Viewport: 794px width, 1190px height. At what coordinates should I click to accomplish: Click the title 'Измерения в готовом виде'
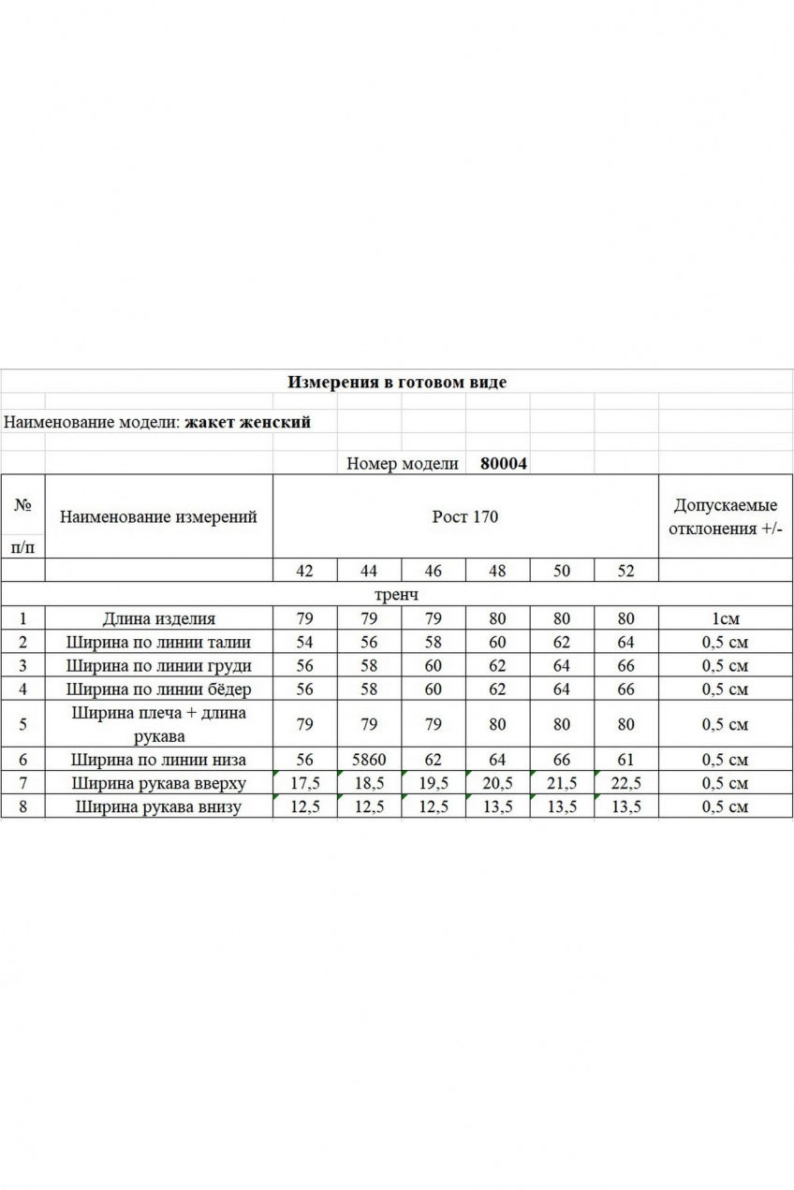pyautogui.click(x=396, y=382)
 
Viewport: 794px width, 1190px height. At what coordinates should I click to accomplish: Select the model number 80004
pyautogui.click(x=504, y=463)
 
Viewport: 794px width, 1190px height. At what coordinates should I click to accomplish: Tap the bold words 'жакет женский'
pyautogui.click(x=248, y=422)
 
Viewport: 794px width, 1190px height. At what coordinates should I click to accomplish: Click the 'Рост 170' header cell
pyautogui.click(x=465, y=516)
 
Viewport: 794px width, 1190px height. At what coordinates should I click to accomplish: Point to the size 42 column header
pyautogui.click(x=304, y=571)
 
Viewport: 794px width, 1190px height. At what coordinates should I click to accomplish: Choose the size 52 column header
pyautogui.click(x=625, y=571)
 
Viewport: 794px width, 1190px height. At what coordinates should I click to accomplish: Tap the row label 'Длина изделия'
pyautogui.click(x=158, y=618)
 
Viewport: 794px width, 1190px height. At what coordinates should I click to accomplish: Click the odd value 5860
pyautogui.click(x=369, y=760)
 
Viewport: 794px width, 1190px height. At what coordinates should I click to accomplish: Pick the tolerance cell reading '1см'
pyautogui.click(x=726, y=618)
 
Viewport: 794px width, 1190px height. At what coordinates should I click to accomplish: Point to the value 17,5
pyautogui.click(x=305, y=784)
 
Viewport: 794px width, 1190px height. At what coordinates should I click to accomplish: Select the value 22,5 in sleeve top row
pyautogui.click(x=625, y=784)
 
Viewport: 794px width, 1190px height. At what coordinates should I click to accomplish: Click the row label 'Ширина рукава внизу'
pyautogui.click(x=158, y=806)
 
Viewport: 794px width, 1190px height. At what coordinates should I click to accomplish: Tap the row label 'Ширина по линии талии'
pyautogui.click(x=158, y=642)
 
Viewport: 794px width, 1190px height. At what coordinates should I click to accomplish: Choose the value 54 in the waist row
pyautogui.click(x=304, y=642)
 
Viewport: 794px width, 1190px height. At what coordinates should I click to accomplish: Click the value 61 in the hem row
pyautogui.click(x=625, y=760)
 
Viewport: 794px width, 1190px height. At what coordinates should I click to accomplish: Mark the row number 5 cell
pyautogui.click(x=22, y=724)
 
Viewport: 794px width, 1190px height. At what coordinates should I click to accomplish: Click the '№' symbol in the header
pyautogui.click(x=22, y=504)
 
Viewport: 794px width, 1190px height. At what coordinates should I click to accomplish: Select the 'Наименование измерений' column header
pyautogui.click(x=158, y=516)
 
